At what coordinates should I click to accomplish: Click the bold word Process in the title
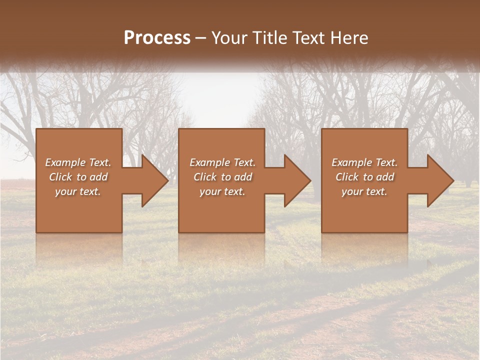(157, 38)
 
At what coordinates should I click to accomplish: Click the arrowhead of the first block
(153, 180)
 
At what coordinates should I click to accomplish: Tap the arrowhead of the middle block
(295, 180)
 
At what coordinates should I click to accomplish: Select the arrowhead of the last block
(438, 180)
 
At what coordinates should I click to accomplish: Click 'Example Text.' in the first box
(78, 162)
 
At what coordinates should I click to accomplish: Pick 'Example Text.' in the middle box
(222, 162)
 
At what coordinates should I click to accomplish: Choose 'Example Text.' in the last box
(364, 162)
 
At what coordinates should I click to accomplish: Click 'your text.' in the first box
(78, 191)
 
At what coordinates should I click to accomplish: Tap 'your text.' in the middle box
(222, 191)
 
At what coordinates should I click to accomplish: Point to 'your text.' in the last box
(364, 191)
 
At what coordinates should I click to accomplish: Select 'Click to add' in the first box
(78, 177)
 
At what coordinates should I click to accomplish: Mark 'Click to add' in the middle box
(222, 177)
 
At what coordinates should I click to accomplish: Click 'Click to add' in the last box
(364, 177)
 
